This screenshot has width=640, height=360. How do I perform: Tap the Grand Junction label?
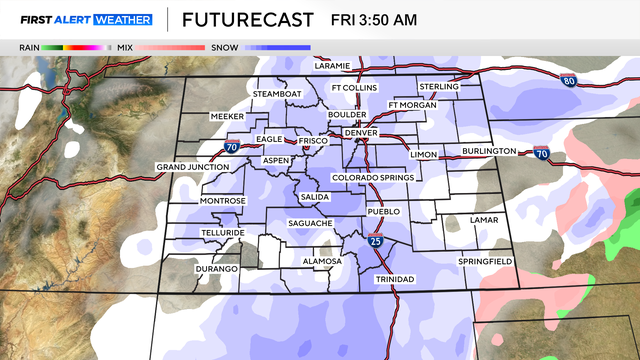tap(193, 166)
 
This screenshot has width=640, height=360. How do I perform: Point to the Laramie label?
tap(332, 66)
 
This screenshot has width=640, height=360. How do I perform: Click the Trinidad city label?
tap(394, 279)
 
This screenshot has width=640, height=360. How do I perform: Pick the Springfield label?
tap(485, 261)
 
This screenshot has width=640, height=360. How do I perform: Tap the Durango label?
tap(217, 269)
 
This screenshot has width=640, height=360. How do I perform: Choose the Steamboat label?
tap(276, 93)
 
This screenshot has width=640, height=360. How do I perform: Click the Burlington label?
tap(489, 152)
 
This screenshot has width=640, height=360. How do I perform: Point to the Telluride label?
tap(221, 233)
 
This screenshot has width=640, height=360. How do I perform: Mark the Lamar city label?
tap(484, 219)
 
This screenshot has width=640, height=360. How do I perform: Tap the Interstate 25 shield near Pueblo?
tap(374, 241)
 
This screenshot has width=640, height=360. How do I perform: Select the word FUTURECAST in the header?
tap(249, 20)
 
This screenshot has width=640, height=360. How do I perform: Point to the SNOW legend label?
tap(223, 47)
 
